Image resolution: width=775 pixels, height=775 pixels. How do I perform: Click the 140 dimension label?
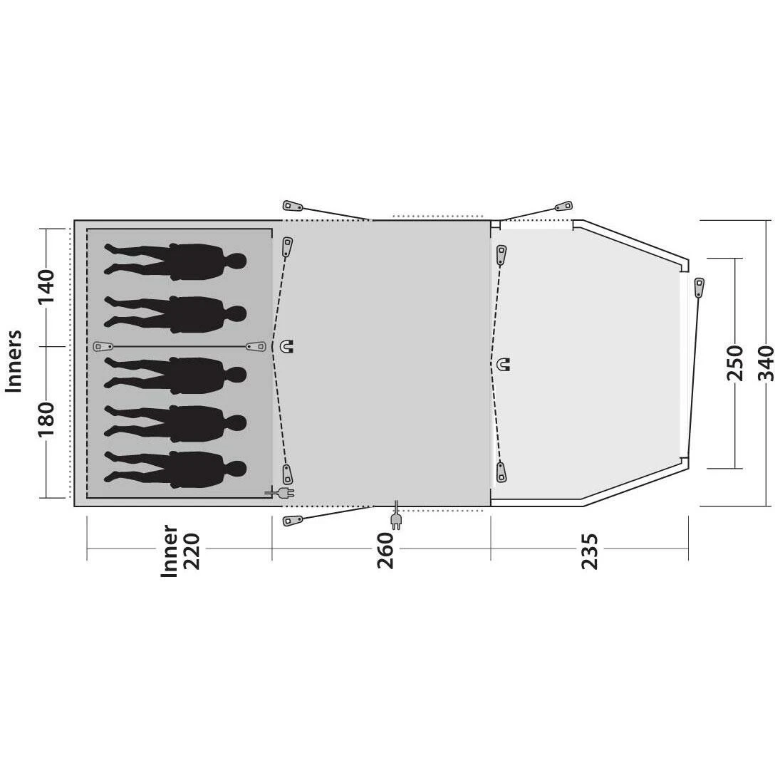(x=46, y=287)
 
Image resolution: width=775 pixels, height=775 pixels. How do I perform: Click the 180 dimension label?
(x=46, y=419)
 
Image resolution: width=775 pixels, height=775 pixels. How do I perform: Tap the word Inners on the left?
(x=14, y=361)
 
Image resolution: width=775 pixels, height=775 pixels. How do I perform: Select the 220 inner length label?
(x=192, y=551)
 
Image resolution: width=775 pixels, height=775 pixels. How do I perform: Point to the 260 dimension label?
(x=385, y=550)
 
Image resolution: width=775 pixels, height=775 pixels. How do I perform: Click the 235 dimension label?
(x=589, y=551)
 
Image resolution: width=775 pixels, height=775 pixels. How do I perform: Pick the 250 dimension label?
(x=735, y=363)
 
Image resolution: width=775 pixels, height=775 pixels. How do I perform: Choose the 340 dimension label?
(x=766, y=363)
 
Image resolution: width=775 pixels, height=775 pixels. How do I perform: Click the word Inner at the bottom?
(x=170, y=551)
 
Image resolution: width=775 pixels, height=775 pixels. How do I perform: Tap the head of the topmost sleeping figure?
(x=236, y=261)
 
